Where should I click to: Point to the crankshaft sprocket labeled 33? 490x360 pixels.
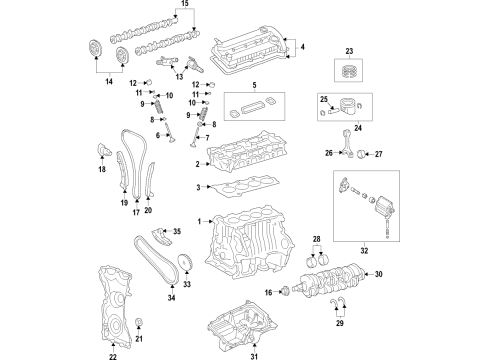click(184, 265)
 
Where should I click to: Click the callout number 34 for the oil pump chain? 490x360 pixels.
click(171, 297)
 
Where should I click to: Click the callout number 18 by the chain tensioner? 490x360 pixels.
click(101, 170)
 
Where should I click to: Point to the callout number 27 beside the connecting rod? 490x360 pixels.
click(378, 152)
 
